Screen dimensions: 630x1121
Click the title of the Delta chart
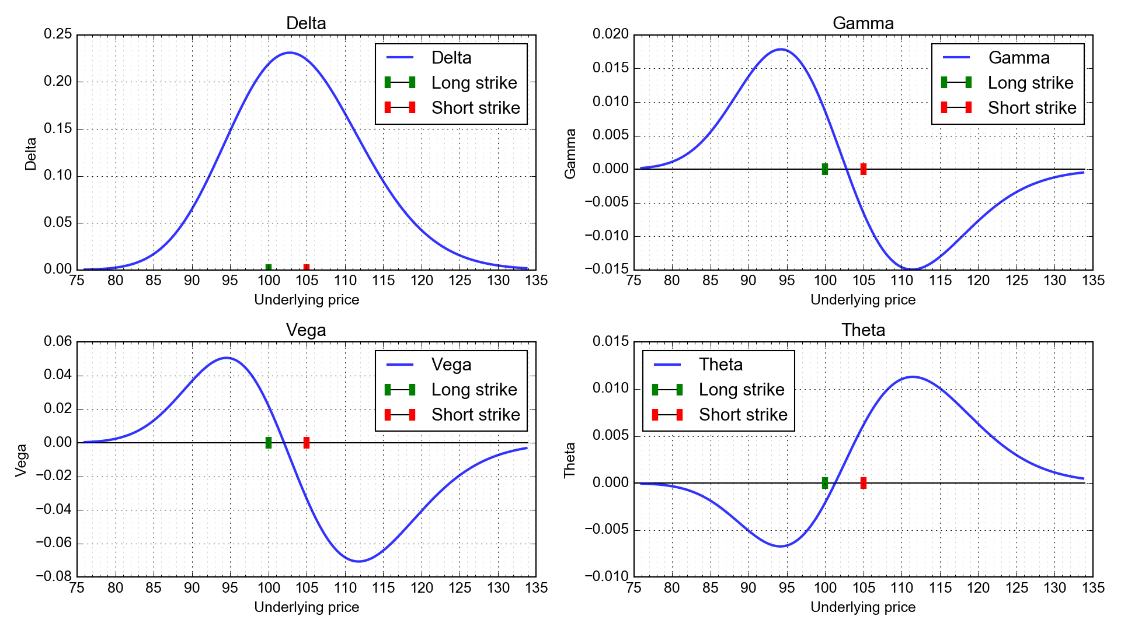tap(306, 23)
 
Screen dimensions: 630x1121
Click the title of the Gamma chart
tap(862, 23)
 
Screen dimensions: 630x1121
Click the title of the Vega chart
tap(306, 330)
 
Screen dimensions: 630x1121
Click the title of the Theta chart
tap(862, 330)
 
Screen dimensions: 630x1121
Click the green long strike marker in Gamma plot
tap(824, 169)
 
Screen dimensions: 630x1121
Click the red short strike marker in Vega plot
tap(307, 443)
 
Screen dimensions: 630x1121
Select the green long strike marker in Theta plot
tap(824, 483)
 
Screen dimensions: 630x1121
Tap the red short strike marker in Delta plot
tap(307, 268)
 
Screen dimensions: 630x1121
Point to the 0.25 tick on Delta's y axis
tap(58, 34)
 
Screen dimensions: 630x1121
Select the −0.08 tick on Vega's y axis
tap(53, 576)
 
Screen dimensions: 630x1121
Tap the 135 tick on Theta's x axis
tap(1092, 588)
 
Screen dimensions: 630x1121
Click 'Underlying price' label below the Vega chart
tap(306, 607)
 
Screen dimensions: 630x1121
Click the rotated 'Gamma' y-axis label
tap(570, 153)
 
